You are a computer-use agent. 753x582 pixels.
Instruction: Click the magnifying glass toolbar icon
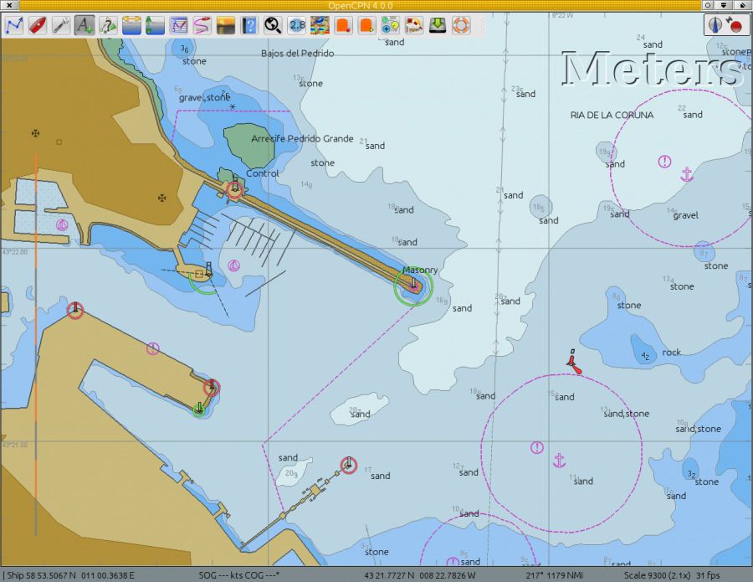pyautogui.click(x=273, y=25)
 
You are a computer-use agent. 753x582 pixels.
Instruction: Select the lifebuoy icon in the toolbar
pyautogui.click(x=461, y=25)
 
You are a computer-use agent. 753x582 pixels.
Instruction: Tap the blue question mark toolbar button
pyautogui.click(x=249, y=25)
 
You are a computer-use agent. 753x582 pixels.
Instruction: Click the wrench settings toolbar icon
pyautogui.click(x=60, y=25)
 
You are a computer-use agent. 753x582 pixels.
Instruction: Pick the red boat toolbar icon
pyautogui.click(x=37, y=25)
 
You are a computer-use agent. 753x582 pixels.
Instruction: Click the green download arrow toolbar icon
pyautogui.click(x=438, y=25)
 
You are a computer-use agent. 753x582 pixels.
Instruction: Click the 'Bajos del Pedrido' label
pyautogui.click(x=297, y=54)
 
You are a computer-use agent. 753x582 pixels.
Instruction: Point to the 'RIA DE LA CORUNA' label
pyautogui.click(x=612, y=115)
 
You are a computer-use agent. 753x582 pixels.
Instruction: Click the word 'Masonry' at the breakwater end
pyautogui.click(x=420, y=270)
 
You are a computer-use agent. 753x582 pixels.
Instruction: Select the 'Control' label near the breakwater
pyautogui.click(x=262, y=173)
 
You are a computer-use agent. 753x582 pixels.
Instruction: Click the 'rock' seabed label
pyautogui.click(x=672, y=353)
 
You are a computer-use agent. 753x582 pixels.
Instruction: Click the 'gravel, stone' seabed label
pyautogui.click(x=204, y=97)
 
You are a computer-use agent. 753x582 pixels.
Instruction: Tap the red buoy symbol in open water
pyautogui.click(x=573, y=362)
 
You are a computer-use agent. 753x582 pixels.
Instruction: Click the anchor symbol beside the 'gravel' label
pyautogui.click(x=687, y=174)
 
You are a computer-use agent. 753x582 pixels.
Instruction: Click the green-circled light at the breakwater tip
pyautogui.click(x=413, y=286)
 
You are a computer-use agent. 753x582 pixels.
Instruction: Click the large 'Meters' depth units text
pyautogui.click(x=653, y=69)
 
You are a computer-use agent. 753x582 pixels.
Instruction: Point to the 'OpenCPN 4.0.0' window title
pyautogui.click(x=361, y=5)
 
